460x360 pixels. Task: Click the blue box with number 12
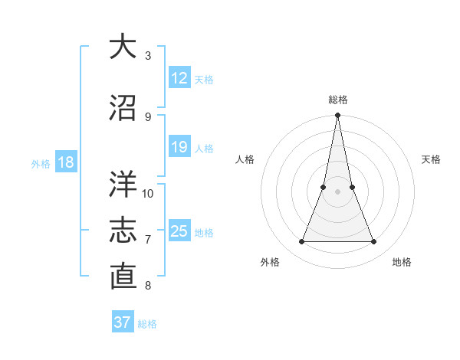[x=179, y=78]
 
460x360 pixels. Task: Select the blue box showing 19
[x=179, y=147]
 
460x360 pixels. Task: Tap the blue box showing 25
[x=179, y=231]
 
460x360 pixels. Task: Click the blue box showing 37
[x=122, y=322]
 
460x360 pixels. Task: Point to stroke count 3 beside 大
[x=148, y=56]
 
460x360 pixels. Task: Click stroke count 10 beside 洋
[x=148, y=193]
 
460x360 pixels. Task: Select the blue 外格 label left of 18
[x=41, y=163]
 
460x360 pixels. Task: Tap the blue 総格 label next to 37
[x=147, y=323]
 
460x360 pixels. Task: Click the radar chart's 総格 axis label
[x=337, y=100]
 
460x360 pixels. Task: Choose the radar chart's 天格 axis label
[x=432, y=159]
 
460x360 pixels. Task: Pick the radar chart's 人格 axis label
[x=245, y=159]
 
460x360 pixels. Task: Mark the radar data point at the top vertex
[x=337, y=116]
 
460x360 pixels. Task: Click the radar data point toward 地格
[x=373, y=242]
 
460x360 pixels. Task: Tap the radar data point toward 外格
[x=301, y=242]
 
